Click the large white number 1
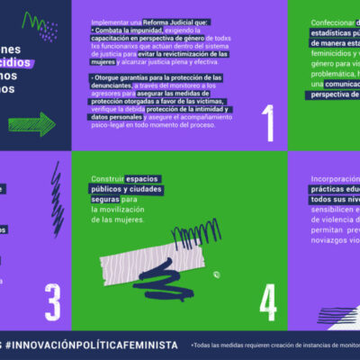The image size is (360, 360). pos(267,123)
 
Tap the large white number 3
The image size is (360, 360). pos(52,298)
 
